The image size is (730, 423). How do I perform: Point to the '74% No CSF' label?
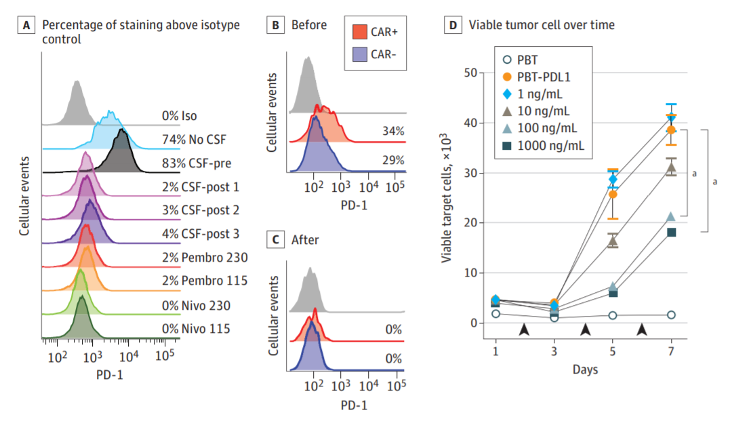point(192,140)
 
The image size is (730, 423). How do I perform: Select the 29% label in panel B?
point(394,160)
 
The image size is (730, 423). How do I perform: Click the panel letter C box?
point(275,239)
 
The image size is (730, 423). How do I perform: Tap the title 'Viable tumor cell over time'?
point(542,26)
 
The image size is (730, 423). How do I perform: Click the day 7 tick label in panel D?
point(672,351)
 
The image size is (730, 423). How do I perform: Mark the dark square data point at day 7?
point(672,233)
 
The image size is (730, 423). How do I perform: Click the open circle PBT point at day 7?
point(672,315)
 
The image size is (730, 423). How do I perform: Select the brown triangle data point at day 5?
point(613,240)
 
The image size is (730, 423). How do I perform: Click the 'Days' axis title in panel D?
point(584,370)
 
